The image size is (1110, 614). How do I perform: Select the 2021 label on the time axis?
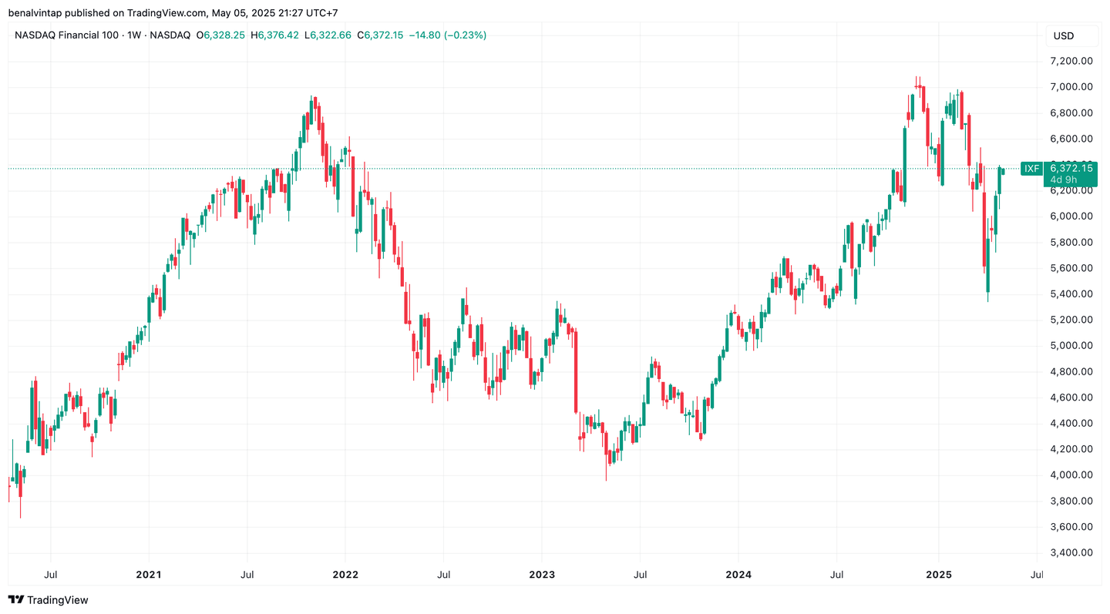(148, 574)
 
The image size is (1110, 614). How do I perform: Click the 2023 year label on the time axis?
(541, 574)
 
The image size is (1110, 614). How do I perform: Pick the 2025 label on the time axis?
(938, 574)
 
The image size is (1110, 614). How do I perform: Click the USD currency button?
(1064, 35)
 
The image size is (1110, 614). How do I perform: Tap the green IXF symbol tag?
(1031, 168)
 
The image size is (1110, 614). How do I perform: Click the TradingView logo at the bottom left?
(48, 599)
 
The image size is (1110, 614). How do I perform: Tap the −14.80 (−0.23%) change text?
(448, 35)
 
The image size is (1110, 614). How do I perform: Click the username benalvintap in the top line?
(36, 13)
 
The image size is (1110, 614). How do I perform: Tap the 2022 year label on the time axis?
(345, 574)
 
